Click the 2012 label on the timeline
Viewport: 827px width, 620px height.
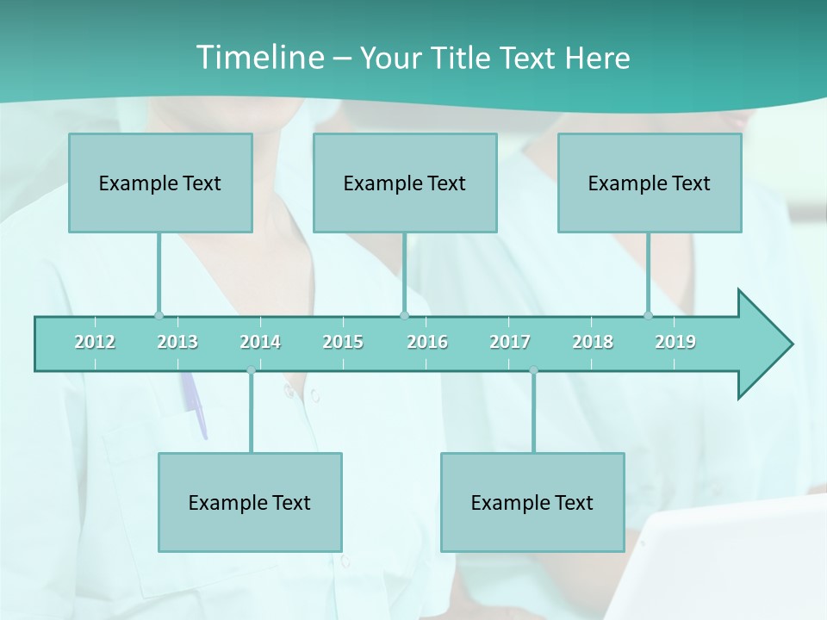pyautogui.click(x=95, y=343)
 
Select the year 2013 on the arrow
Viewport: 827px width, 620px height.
pyautogui.click(x=177, y=343)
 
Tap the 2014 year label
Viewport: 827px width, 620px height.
pyautogui.click(x=260, y=343)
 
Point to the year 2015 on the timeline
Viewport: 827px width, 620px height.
pyautogui.click(x=343, y=343)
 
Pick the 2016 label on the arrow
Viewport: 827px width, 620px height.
pyautogui.click(x=427, y=343)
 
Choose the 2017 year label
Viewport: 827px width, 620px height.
pyautogui.click(x=510, y=343)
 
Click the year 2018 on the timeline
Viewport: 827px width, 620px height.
pyautogui.click(x=593, y=343)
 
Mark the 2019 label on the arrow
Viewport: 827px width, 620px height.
pyautogui.click(x=675, y=343)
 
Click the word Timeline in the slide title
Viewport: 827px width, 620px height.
pyautogui.click(x=258, y=58)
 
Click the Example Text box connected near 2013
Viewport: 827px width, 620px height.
pyautogui.click(x=160, y=183)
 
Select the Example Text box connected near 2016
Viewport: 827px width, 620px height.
pyautogui.click(x=405, y=183)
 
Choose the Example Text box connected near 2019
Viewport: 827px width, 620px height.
pyautogui.click(x=650, y=183)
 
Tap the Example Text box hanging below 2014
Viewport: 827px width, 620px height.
pyautogui.click(x=250, y=502)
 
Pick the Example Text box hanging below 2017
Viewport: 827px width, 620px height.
pyautogui.click(x=532, y=502)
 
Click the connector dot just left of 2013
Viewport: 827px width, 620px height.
pyautogui.click(x=159, y=316)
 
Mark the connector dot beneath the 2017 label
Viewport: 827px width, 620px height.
pyautogui.click(x=533, y=370)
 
